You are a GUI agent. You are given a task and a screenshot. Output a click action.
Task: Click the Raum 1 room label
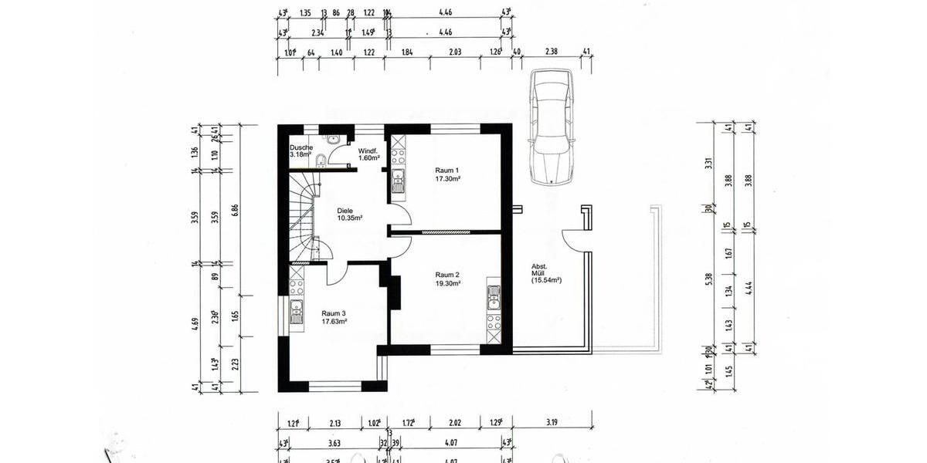447,174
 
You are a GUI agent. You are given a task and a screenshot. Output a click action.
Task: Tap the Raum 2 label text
447,279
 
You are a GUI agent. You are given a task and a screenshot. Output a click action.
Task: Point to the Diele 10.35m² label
349,214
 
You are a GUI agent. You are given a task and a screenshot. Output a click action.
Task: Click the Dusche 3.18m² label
301,150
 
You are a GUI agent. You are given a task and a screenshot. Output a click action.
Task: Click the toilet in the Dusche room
319,161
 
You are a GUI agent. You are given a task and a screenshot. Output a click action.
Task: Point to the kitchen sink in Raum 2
494,297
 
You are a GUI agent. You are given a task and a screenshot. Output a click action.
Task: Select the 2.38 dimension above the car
551,52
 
